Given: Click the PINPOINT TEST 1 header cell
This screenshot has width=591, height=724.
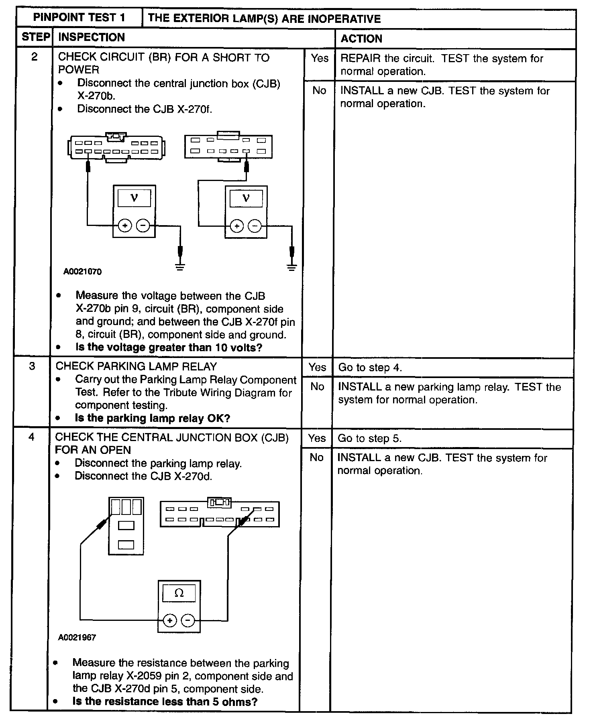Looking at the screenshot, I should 79,18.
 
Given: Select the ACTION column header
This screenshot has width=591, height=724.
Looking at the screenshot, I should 361,39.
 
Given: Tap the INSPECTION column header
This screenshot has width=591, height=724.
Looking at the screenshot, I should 92,37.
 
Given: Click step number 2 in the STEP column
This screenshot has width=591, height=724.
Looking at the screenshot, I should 34,57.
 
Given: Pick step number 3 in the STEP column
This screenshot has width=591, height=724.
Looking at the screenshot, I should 32,366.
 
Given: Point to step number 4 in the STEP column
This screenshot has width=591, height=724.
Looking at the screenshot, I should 31,437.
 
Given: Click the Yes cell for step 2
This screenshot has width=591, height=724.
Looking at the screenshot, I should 319,59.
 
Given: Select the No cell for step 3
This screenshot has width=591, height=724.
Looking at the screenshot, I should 317,386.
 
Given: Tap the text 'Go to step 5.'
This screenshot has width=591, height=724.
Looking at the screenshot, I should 369,438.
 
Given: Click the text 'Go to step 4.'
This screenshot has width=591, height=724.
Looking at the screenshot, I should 370,368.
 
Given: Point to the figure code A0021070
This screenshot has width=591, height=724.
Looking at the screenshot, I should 82,272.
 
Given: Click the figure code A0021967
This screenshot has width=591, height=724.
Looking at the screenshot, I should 77,637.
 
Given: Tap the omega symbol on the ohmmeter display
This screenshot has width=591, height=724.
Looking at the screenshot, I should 179,593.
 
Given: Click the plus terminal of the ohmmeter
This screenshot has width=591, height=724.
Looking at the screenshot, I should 170,620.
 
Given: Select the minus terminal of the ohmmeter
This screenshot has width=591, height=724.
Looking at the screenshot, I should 188,620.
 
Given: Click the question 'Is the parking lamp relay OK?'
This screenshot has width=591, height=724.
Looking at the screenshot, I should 153,418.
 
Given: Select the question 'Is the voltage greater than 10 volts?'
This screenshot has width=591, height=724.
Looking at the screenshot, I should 169,348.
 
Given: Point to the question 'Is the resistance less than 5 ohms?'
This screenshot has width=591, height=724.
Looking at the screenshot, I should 165,702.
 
